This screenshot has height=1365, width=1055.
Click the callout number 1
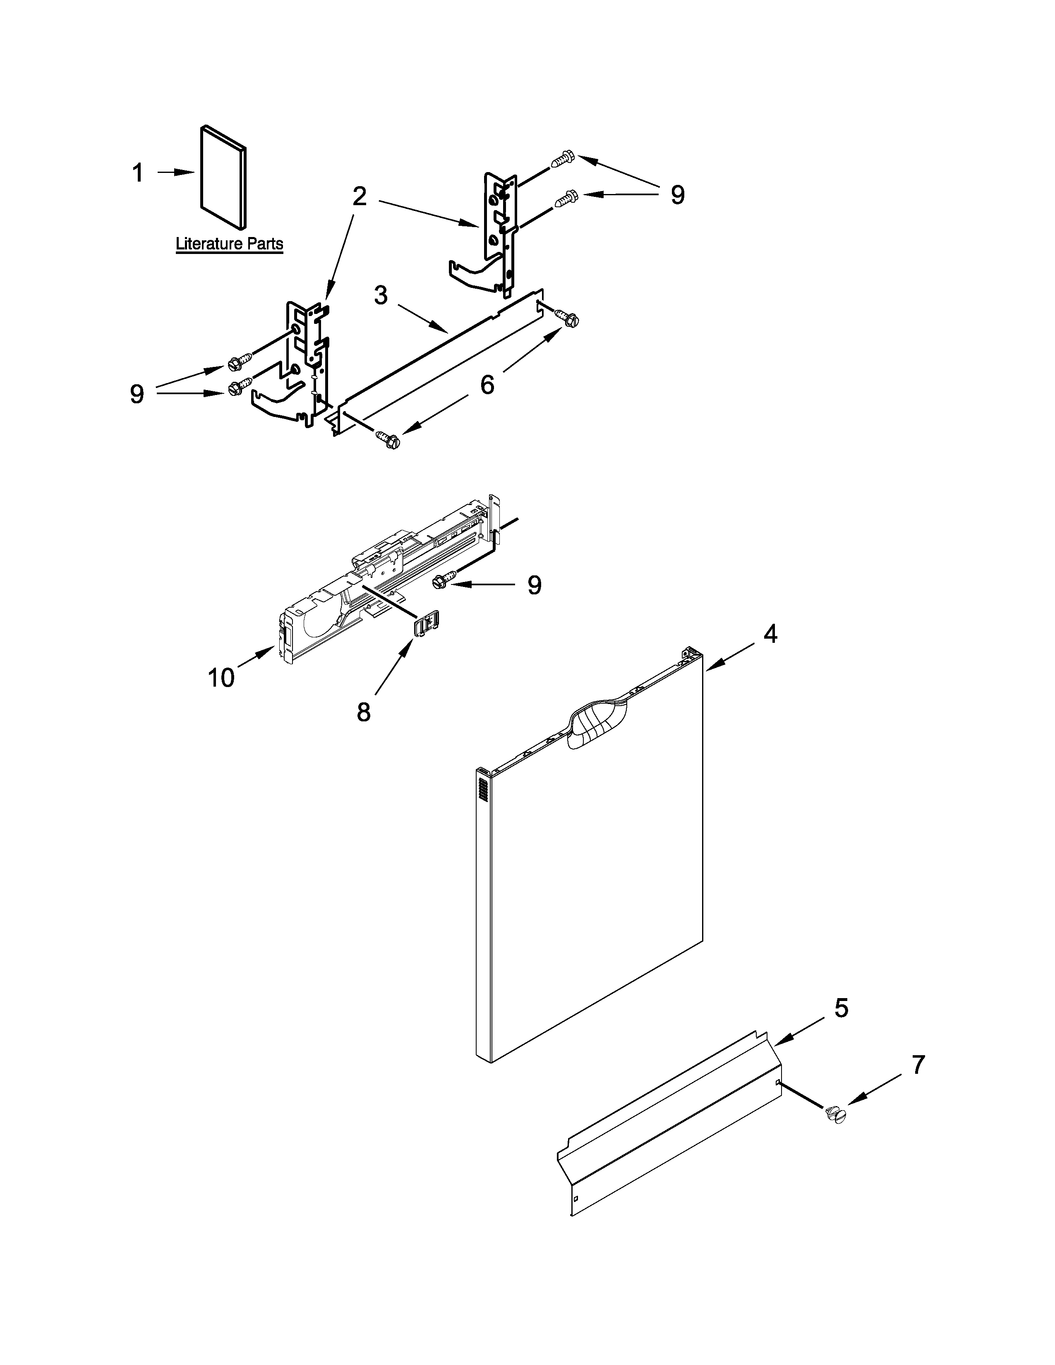point(138,173)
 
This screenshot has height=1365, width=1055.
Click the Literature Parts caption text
point(229,244)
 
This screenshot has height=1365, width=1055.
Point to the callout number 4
point(771,635)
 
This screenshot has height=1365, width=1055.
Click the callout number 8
point(364,712)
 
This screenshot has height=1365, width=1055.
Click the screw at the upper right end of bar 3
point(569,319)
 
